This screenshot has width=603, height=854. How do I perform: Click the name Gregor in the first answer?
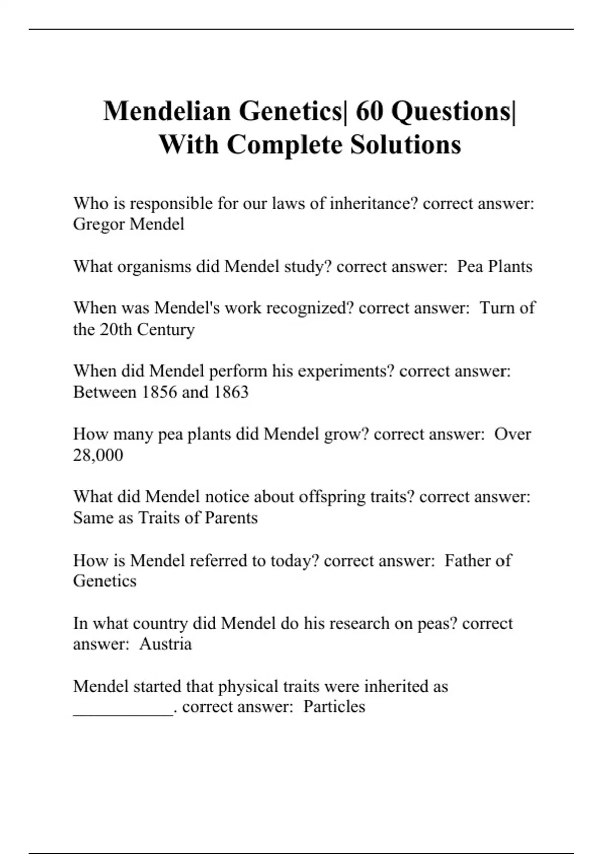tap(98, 224)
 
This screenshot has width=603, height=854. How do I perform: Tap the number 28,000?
tap(98, 455)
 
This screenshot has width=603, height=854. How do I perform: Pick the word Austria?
tap(165, 644)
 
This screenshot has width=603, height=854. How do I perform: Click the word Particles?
tap(334, 707)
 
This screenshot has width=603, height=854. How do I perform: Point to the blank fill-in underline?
tap(123, 712)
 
